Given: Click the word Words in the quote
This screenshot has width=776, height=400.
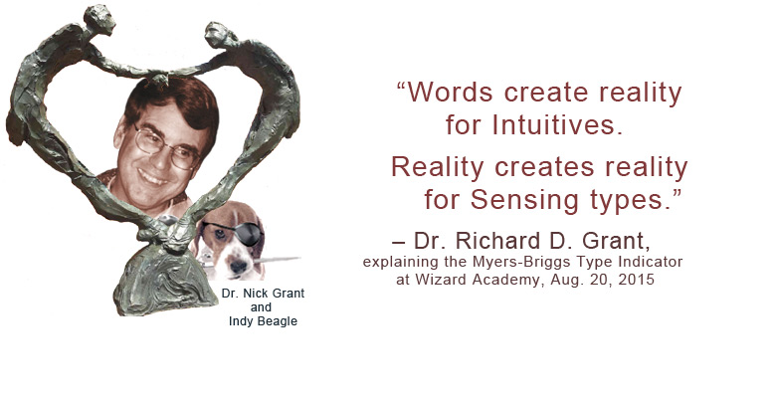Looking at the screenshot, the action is point(450,93).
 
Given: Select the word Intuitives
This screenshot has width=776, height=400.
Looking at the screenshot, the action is point(557,124).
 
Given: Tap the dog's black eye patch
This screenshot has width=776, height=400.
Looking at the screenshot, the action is point(244,234).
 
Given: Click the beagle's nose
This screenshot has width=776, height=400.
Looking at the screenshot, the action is point(239,267).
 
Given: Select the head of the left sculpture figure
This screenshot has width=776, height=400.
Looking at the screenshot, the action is point(99,19).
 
